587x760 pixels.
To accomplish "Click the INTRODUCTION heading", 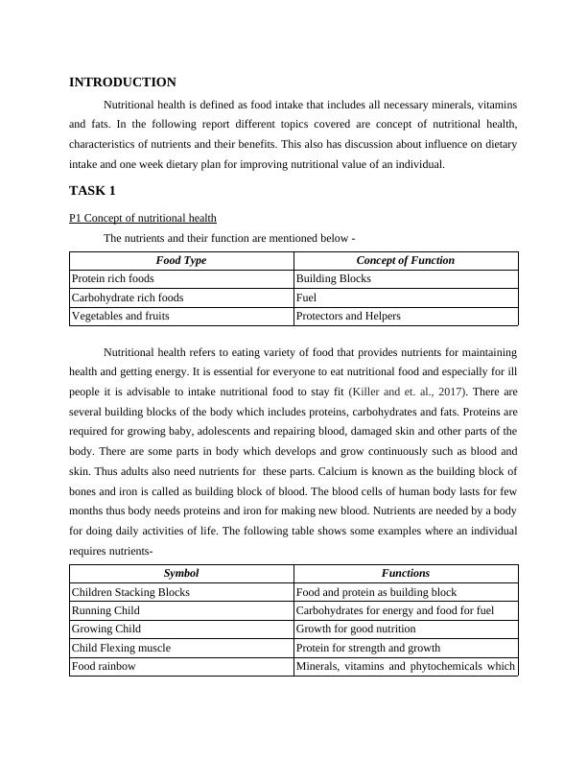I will coord(123,83).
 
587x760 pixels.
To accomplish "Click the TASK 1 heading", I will coord(92,190).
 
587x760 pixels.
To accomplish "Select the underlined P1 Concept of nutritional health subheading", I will coord(143,218).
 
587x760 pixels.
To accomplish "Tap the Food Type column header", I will coord(181,260).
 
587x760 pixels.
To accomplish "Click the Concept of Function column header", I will coord(406,260).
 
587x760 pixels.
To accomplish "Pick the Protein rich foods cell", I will coord(113,278).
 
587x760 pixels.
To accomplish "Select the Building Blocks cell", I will coord(334,278).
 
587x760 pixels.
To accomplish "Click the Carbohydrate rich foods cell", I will coord(128,297).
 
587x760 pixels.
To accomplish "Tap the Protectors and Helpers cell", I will coord(348,316).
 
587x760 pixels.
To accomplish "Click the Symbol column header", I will coord(181,573).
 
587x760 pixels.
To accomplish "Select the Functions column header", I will coord(406,573).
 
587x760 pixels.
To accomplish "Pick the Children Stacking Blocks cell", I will coord(130,592).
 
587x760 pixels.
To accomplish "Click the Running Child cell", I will coord(106,610).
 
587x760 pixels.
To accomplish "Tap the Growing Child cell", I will coord(106,629).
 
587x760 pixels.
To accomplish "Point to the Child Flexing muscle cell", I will coord(121,648).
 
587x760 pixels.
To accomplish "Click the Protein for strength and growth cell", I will coord(368,648).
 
